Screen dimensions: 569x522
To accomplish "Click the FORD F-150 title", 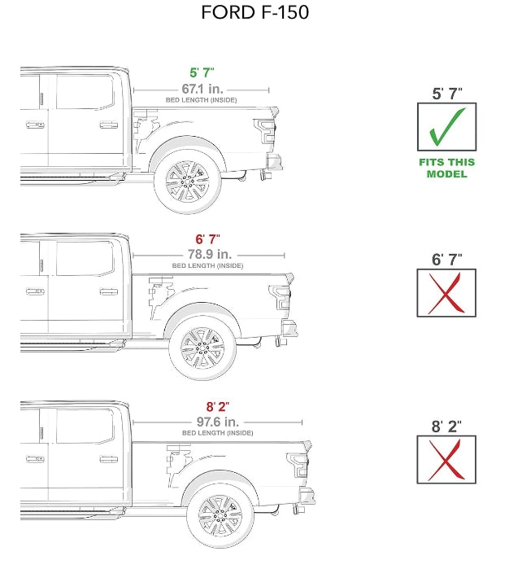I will click(254, 14).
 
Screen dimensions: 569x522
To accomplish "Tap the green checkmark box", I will click(446, 127).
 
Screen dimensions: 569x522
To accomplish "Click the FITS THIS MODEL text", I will click(446, 168).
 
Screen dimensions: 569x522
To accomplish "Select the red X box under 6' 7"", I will click(446, 293).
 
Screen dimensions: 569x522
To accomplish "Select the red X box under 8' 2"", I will click(446, 459).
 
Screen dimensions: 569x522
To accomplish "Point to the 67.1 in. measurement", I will click(202, 88).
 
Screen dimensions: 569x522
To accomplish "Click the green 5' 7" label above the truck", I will click(201, 72).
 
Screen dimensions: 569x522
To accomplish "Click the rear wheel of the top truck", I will click(187, 181).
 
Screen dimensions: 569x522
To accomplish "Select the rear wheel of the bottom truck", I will click(220, 514).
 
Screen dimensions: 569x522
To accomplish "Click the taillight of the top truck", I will click(265, 130).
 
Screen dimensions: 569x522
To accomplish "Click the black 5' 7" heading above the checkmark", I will click(446, 93).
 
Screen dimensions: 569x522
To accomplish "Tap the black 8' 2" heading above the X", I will click(446, 425).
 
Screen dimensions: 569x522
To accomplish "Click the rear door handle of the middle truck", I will click(108, 291).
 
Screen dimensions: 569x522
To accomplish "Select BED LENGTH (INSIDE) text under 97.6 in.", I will click(218, 434).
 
